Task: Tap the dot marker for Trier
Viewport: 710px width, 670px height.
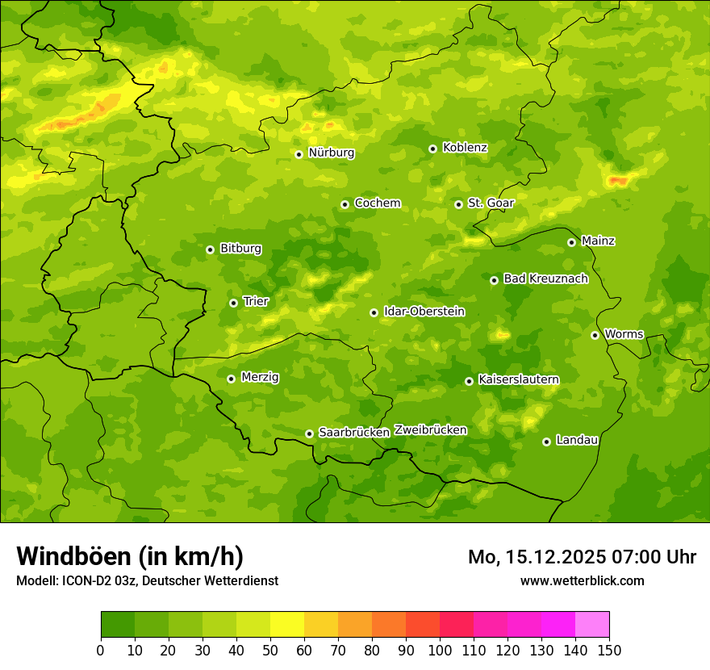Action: [233, 303]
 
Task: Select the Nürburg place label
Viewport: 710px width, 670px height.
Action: [331, 153]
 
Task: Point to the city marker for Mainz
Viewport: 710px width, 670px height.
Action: [571, 242]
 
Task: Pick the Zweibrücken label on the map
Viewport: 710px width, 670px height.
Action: [430, 430]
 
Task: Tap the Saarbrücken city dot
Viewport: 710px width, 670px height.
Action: [309, 433]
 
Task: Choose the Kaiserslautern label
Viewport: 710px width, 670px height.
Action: [519, 379]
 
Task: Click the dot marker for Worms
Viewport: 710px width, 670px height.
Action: [595, 335]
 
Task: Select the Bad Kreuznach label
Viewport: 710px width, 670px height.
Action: [545, 278]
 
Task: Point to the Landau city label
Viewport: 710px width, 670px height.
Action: [577, 440]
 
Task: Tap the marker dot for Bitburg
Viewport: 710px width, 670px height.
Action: [210, 249]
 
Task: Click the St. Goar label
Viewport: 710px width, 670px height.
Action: [491, 203]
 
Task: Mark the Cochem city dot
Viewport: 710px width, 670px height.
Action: [345, 204]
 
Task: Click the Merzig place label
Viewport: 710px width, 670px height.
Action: [260, 377]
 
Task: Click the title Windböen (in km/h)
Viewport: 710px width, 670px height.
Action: [129, 556]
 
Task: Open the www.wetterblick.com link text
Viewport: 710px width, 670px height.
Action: [582, 580]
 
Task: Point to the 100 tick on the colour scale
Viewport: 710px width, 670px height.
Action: [440, 650]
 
